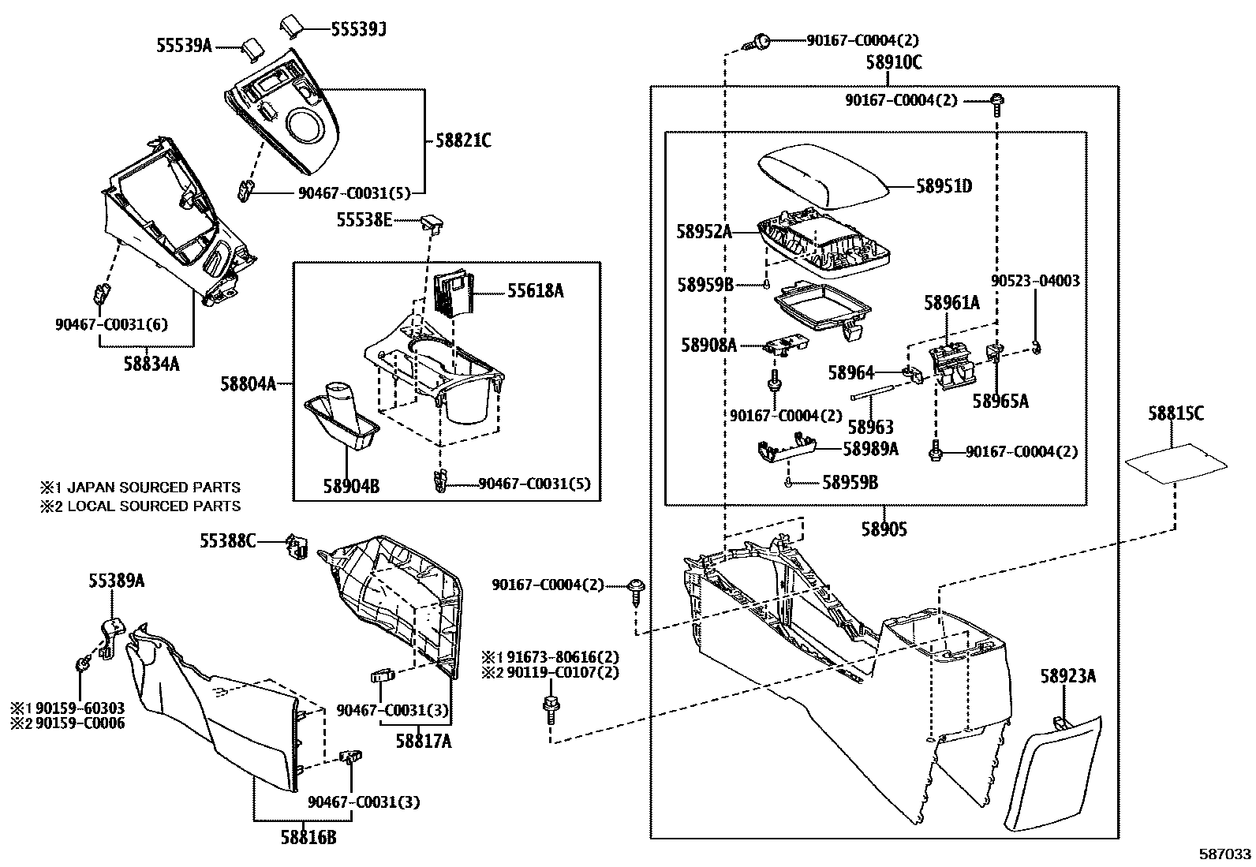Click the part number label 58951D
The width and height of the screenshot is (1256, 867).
point(944,187)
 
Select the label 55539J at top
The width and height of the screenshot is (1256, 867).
point(358,29)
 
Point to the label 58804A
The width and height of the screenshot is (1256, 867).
point(248,384)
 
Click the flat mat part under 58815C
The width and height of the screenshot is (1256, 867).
point(1176,463)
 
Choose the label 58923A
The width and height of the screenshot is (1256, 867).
point(1067,676)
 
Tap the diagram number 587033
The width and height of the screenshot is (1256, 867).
point(1225,854)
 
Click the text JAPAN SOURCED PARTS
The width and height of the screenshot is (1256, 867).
point(154,488)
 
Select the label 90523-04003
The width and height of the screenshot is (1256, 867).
point(1035,282)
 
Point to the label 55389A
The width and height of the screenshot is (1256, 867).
point(116,581)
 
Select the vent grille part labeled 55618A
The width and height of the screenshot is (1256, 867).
point(453,293)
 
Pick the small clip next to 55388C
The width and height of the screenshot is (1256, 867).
point(297,545)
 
